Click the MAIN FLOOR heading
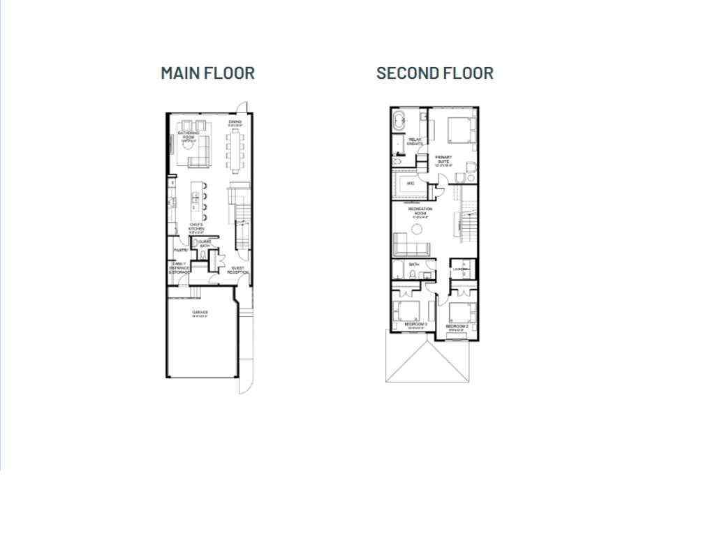point(207,73)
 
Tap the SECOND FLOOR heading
point(434,73)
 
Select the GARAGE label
point(200,312)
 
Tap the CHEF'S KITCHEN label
point(196,227)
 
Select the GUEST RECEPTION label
point(238,270)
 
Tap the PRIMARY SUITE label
point(444,161)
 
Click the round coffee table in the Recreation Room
point(418,230)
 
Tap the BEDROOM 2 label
point(456,326)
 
